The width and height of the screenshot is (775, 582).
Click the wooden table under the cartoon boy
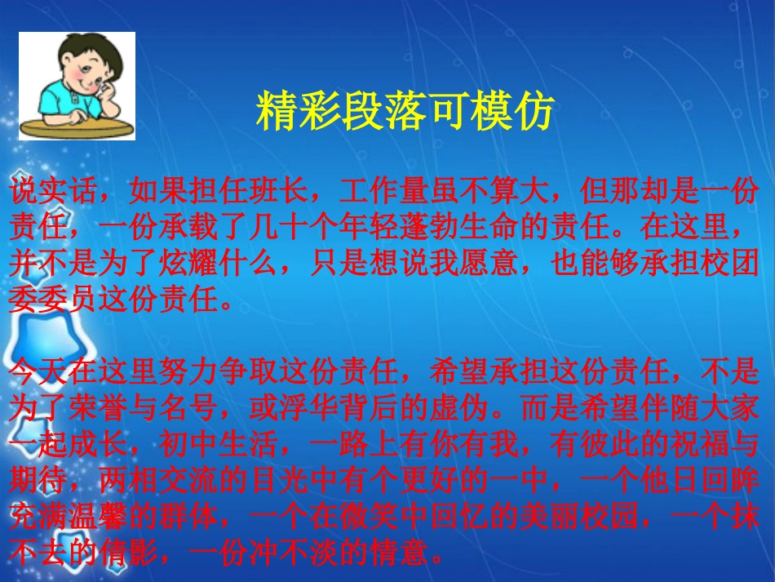tap(77, 128)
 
